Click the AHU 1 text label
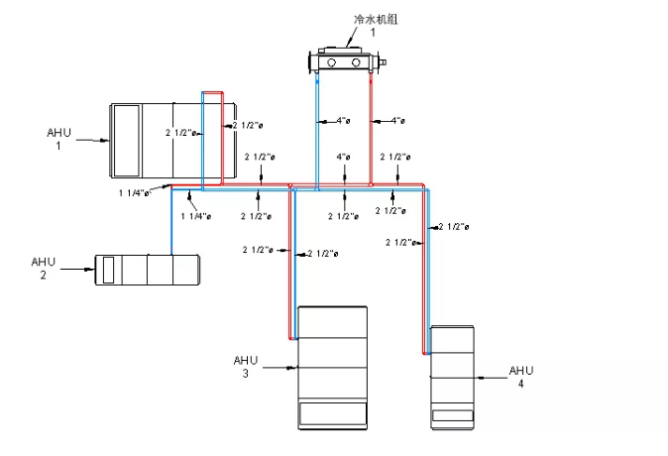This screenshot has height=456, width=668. click(x=59, y=138)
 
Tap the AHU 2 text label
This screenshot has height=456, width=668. click(x=44, y=268)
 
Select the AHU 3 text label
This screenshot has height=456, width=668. click(x=246, y=366)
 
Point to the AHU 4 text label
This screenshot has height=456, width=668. click(x=521, y=377)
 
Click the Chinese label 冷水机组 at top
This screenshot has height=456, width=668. click(x=368, y=19)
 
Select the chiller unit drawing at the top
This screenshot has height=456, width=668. click(x=347, y=61)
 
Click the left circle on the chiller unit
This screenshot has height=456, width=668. click(x=331, y=64)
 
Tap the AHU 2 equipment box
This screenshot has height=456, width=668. click(x=148, y=269)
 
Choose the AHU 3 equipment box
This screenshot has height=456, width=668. click(x=333, y=367)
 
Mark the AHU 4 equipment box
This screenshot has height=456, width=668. click(x=453, y=377)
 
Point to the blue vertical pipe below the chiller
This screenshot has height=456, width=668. click(x=315, y=129)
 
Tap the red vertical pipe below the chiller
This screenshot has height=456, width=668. click(x=370, y=129)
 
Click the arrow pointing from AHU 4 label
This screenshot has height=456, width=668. click(x=491, y=378)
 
